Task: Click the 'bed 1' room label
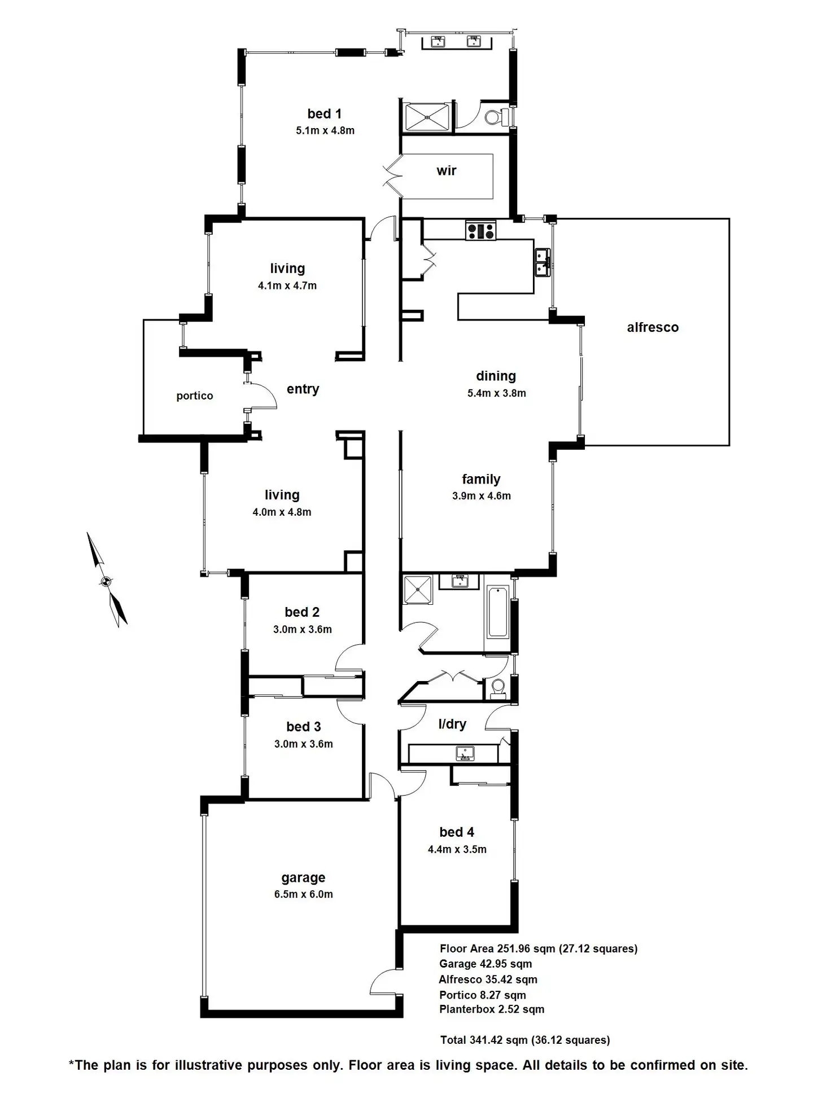point(324,114)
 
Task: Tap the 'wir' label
point(446,170)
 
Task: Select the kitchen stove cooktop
point(480,231)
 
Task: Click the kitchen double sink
point(543,262)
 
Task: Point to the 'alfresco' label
point(653,327)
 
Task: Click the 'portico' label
point(195,396)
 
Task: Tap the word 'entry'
point(303,389)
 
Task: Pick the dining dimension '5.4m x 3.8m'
point(497,393)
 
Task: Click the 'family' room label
point(481,479)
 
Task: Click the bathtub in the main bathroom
point(497,612)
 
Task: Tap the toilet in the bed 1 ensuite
point(497,117)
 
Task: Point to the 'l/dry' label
point(452,724)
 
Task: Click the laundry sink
point(465,753)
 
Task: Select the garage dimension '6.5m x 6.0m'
point(304,894)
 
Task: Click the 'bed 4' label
point(457,832)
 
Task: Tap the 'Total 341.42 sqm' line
point(525,1039)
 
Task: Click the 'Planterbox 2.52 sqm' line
point(492,1009)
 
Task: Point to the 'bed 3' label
point(304,727)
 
